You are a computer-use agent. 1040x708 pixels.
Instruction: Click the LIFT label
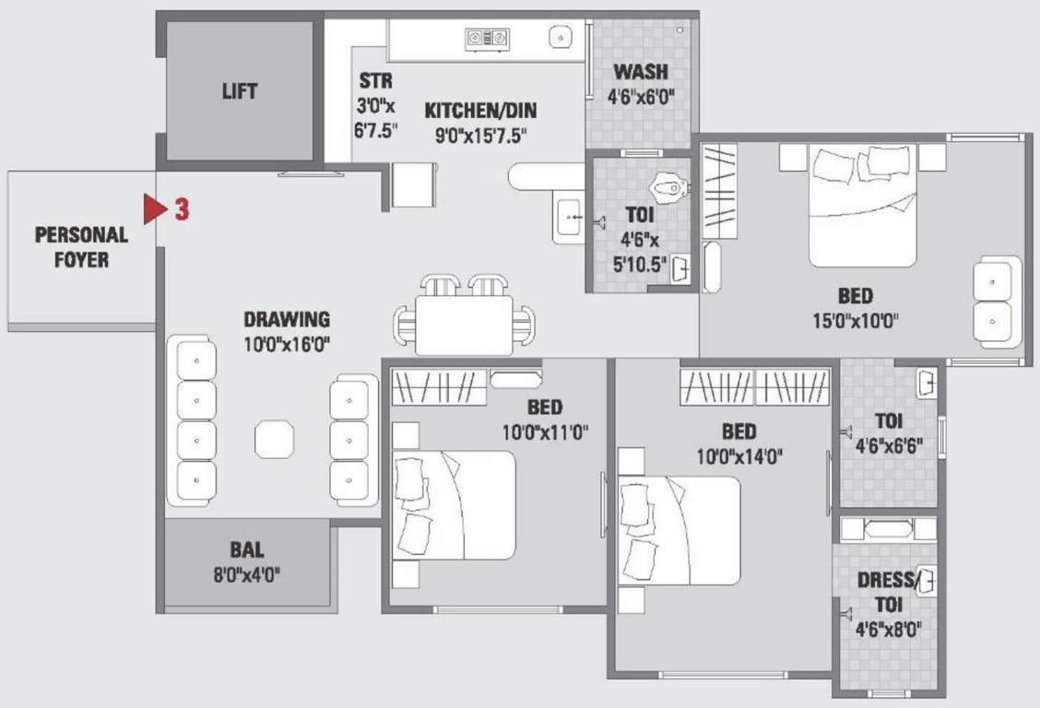(x=240, y=91)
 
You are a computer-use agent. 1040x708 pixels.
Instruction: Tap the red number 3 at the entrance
(x=182, y=209)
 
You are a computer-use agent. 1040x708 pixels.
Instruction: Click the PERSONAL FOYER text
(x=81, y=247)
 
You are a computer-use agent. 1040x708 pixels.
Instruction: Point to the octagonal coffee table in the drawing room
(x=274, y=439)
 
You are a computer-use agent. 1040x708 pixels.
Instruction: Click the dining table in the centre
(x=463, y=323)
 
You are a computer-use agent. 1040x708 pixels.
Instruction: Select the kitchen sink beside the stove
(x=561, y=38)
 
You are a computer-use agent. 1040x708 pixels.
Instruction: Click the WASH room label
(x=641, y=72)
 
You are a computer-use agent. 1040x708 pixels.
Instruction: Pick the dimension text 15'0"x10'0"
(x=856, y=321)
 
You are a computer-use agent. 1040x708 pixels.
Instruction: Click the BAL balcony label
(x=247, y=550)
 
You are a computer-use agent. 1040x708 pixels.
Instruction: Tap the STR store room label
(x=375, y=81)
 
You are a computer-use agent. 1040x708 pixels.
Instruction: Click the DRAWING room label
(x=287, y=320)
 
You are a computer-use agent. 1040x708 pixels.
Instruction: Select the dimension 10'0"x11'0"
(x=546, y=431)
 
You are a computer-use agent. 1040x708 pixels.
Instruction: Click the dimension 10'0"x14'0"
(x=739, y=454)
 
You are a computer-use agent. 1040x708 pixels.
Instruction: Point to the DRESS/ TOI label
(x=889, y=592)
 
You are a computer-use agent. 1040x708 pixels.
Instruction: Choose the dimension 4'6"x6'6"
(x=889, y=444)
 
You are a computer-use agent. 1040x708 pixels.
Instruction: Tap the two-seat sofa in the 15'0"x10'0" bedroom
(x=997, y=301)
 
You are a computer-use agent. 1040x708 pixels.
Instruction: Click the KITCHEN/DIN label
(x=480, y=111)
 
